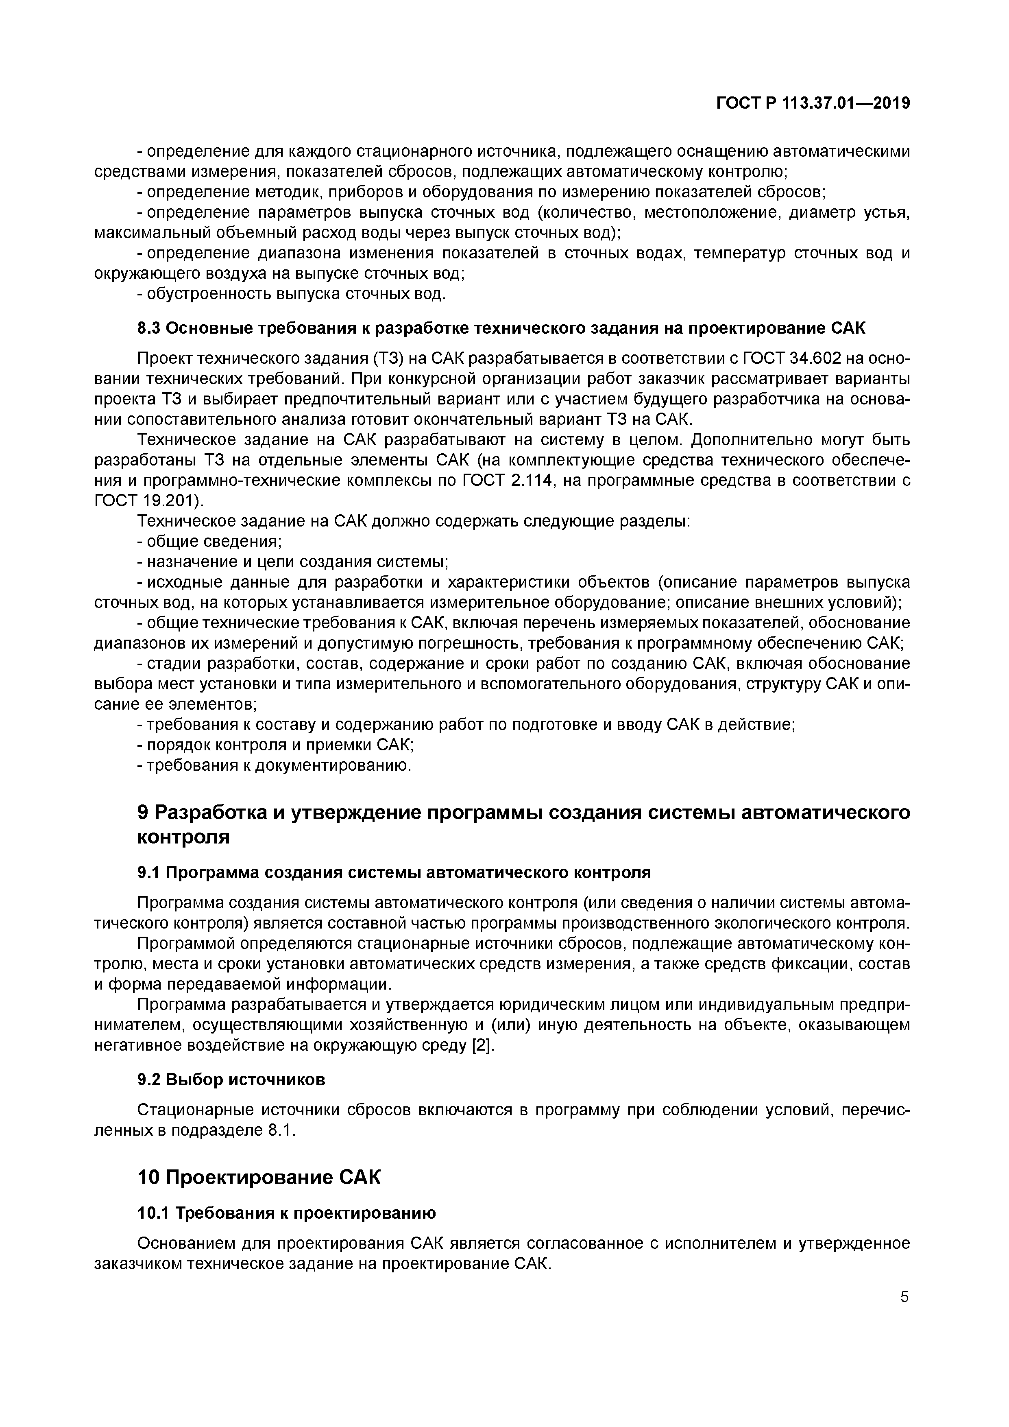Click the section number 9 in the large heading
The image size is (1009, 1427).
[x=142, y=813]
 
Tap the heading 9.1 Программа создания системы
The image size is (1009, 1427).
[x=394, y=873]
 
